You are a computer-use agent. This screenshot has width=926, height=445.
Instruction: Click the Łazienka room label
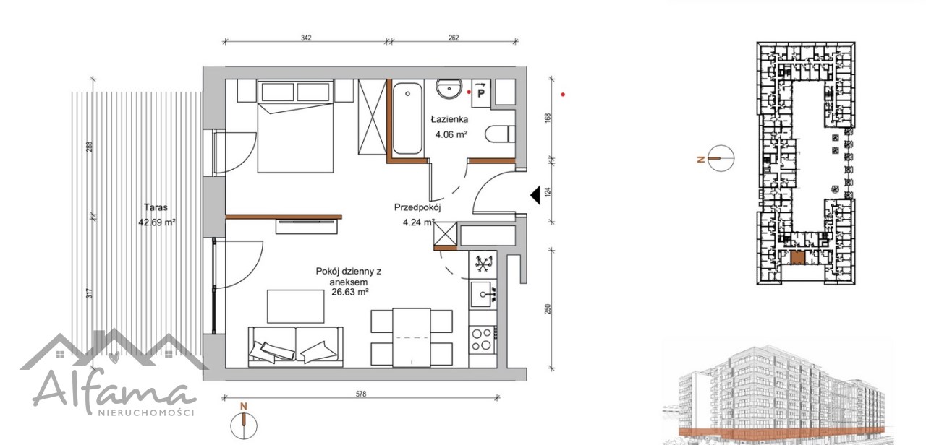pyautogui.click(x=449, y=120)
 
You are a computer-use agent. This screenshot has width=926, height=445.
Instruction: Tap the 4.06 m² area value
pyautogui.click(x=451, y=134)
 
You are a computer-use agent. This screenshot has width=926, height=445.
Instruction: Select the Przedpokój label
pyautogui.click(x=417, y=207)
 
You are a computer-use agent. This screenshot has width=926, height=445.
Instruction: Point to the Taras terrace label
pyautogui.click(x=156, y=207)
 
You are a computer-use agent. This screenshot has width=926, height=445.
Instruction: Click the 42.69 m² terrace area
pyautogui.click(x=157, y=222)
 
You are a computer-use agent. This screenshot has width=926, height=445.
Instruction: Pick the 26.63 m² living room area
pyautogui.click(x=350, y=293)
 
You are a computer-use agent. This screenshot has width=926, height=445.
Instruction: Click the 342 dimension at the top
pyautogui.click(x=306, y=38)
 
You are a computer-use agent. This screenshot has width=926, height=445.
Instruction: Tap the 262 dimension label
pyautogui.click(x=454, y=38)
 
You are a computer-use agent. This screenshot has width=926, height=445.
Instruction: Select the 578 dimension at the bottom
pyautogui.click(x=361, y=394)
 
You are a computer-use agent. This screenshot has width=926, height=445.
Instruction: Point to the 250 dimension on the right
pyautogui.click(x=548, y=309)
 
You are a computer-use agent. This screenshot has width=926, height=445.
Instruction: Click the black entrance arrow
pyautogui.click(x=536, y=195)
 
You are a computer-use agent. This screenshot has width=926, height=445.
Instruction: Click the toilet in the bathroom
pyautogui.click(x=499, y=134)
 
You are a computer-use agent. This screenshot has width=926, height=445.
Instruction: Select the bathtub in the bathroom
pyautogui.click(x=407, y=118)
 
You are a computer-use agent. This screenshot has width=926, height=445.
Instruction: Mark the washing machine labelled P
pyautogui.click(x=481, y=93)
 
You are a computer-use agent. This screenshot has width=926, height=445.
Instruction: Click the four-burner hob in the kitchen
pyautogui.click(x=482, y=339)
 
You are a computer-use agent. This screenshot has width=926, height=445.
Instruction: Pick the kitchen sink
pyautogui.click(x=483, y=295)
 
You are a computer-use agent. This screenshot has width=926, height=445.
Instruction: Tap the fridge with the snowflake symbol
pyautogui.click(x=483, y=264)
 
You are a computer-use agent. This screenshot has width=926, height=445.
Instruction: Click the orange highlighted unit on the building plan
pyautogui.click(x=797, y=257)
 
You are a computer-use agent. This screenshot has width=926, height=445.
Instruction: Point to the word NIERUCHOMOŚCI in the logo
pyautogui.click(x=145, y=412)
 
